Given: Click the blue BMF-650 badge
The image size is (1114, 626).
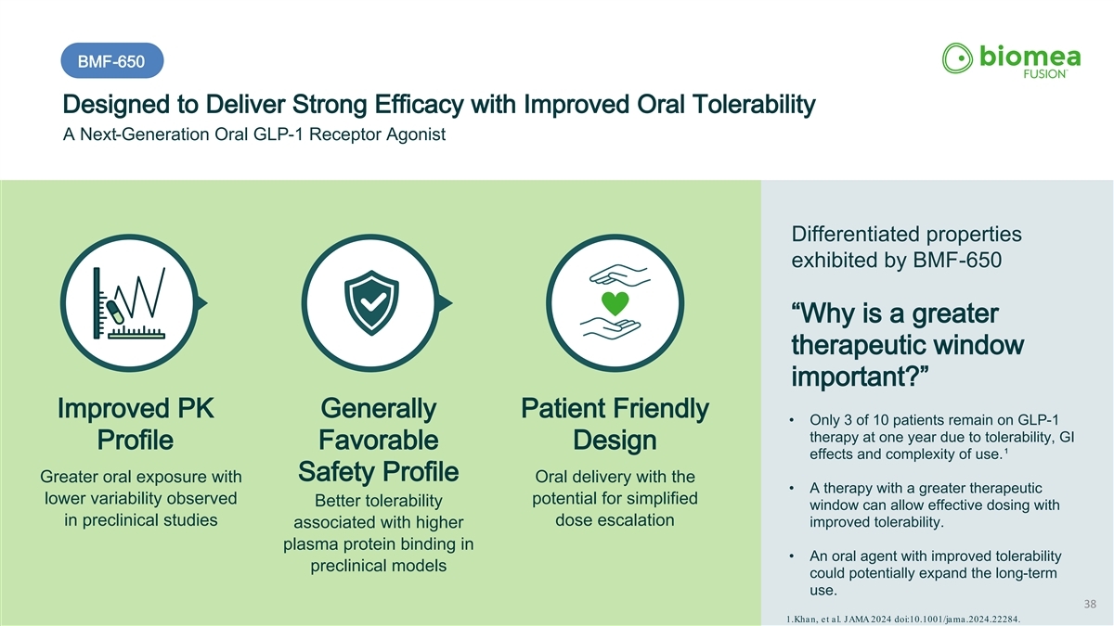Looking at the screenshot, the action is coord(112,60).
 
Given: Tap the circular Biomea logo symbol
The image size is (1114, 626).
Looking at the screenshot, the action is coord(957,58).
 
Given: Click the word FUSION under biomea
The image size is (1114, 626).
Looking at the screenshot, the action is coord(1044,74).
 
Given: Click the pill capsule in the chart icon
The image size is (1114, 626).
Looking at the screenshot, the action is coord(115,312).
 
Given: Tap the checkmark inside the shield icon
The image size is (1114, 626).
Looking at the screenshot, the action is coord(372,301).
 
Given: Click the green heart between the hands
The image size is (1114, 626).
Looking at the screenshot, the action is coord(615,303).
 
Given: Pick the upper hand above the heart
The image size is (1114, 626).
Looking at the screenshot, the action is coord(620,275).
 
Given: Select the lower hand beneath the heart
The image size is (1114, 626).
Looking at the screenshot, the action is coord(610,329).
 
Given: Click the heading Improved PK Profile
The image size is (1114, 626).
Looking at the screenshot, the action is coord(136,424).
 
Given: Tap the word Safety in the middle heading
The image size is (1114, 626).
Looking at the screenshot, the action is coord(336,471).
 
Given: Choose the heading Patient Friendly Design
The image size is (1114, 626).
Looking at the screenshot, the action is coord(615,424).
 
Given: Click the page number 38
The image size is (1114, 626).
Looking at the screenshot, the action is coord(1090,604).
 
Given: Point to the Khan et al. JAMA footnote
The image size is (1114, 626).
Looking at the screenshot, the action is coord(902,620).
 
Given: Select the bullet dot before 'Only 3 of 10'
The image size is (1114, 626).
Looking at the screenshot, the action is coord(791,420).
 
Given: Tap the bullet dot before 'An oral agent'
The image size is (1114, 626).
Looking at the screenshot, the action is coord(791,556).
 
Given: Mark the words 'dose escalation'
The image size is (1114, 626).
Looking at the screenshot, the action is coord(615,519).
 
